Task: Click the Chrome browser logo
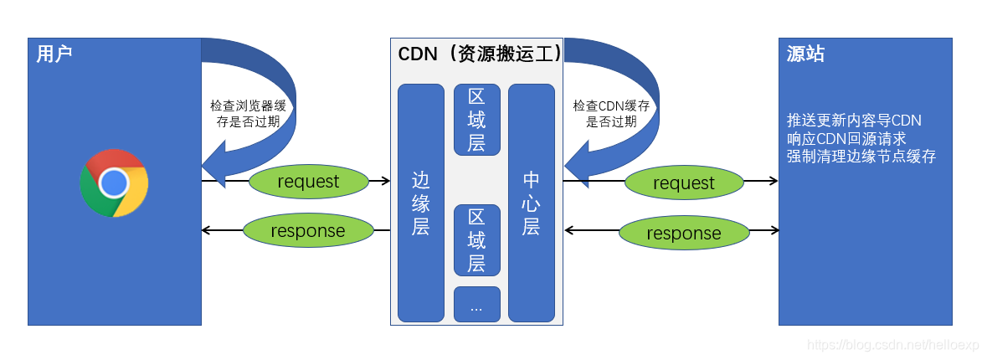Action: coord(114,183)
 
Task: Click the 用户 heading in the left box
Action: coord(54,54)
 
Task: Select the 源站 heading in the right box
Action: coord(805,54)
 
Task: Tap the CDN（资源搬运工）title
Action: coord(479,54)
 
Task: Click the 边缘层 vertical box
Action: coord(420,203)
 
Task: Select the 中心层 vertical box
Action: coord(532,203)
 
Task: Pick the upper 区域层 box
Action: coord(476,120)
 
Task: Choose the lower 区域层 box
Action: coord(476,241)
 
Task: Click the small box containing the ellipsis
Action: coord(476,305)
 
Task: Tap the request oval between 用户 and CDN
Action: coord(308,182)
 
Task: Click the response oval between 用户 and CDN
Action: coord(308,231)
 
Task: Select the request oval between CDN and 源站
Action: coord(684,183)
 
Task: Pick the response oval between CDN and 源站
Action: coord(684,234)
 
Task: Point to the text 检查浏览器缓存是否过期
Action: coord(248,113)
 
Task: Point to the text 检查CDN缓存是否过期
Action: coord(611,113)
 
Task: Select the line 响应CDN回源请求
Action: coord(846,138)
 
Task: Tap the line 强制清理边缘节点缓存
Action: coord(861,157)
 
